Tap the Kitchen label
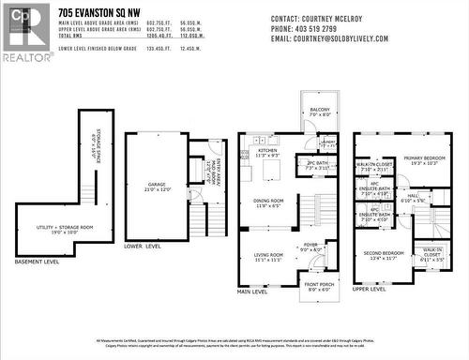coord(268,151)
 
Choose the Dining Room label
coord(269,202)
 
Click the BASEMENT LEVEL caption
coord(38,262)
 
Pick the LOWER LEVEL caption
coord(143,246)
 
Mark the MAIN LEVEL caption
coord(251,292)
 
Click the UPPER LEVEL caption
coord(369,290)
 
